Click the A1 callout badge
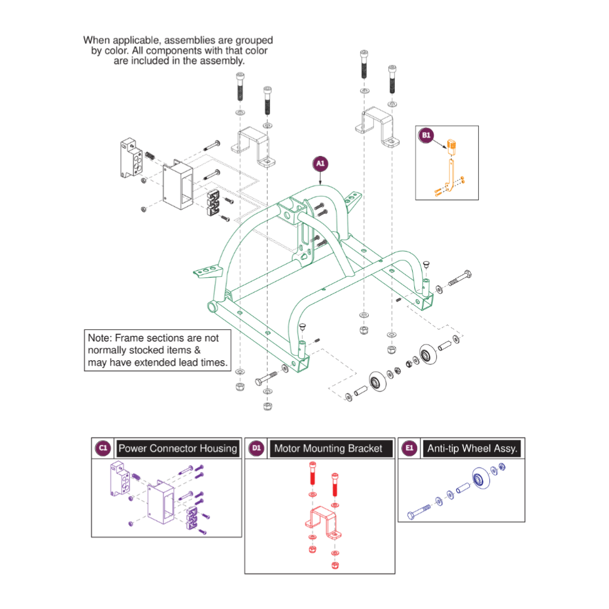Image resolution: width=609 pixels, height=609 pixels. (320, 164)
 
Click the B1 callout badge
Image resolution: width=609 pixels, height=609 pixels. (426, 135)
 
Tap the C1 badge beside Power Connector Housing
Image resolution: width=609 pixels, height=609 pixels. (103, 448)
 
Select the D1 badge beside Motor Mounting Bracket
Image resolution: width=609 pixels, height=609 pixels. (257, 448)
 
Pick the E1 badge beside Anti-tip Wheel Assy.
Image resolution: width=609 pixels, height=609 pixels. (409, 448)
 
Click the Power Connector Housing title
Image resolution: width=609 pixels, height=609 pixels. (178, 448)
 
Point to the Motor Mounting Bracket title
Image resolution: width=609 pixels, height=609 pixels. (328, 449)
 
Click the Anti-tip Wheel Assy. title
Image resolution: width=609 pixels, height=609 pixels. (472, 449)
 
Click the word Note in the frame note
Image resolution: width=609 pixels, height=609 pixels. (99, 338)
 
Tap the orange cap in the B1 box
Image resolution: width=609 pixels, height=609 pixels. (453, 146)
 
